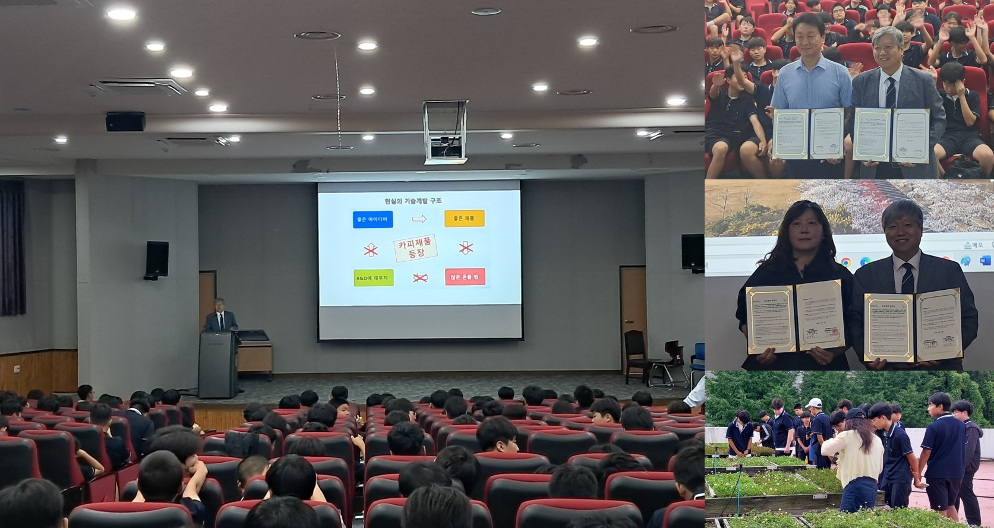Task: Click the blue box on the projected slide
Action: point(372,219)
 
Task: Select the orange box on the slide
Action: point(464,219)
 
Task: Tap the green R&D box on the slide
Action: point(373,277)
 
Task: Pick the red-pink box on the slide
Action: point(465,277)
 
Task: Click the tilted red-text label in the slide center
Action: point(416,248)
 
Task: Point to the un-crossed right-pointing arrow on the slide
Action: point(419,219)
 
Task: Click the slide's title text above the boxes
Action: point(413,201)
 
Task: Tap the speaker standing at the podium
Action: point(220,318)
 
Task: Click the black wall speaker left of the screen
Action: point(157,260)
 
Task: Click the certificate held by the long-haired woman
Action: point(796,317)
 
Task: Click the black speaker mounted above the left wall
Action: point(125,121)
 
